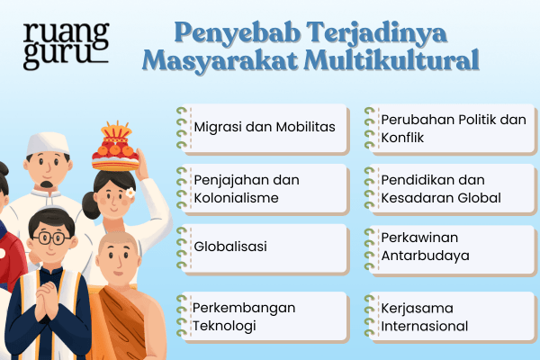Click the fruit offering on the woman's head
[114, 144]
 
